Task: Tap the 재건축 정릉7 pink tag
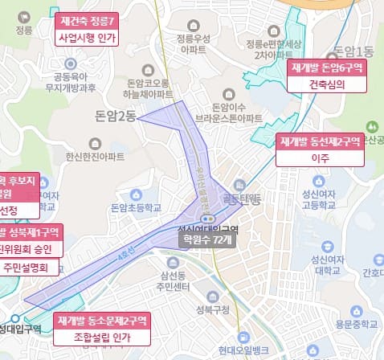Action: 86,22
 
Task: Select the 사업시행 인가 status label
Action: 86,38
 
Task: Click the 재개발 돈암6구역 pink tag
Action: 325,67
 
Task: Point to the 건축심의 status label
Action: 325,84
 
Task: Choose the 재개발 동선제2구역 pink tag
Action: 319,142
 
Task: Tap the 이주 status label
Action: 319,158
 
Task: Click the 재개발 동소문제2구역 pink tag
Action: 102,321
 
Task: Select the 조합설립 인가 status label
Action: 102,337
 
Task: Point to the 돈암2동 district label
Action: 116,117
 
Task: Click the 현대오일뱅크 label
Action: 242,350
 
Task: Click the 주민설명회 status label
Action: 26,267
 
